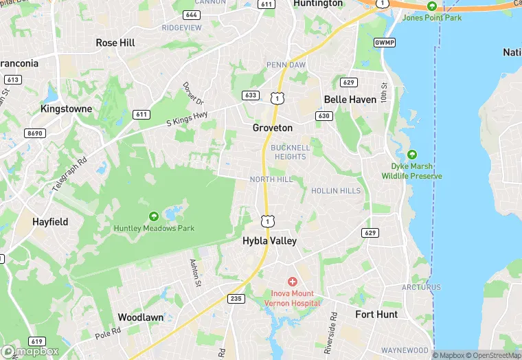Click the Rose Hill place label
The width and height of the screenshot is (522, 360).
[115, 43]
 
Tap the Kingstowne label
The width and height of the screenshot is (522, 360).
[70, 109]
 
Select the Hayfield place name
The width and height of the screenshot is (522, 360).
[50, 222]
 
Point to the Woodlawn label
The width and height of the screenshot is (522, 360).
[140, 317]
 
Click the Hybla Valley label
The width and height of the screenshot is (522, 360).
[269, 241]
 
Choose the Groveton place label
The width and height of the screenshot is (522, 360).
[272, 128]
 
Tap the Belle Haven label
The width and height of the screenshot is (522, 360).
[350, 100]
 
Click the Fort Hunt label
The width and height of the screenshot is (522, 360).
[376, 315]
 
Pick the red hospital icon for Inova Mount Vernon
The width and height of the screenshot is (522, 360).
[292, 282]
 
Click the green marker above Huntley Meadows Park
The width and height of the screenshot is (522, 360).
[153, 216]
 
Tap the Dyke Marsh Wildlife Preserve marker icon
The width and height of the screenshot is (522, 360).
[412, 155]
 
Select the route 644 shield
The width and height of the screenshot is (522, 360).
[192, 14]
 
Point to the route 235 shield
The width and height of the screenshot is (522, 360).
[236, 298]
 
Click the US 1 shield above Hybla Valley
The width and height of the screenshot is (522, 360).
[267, 221]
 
